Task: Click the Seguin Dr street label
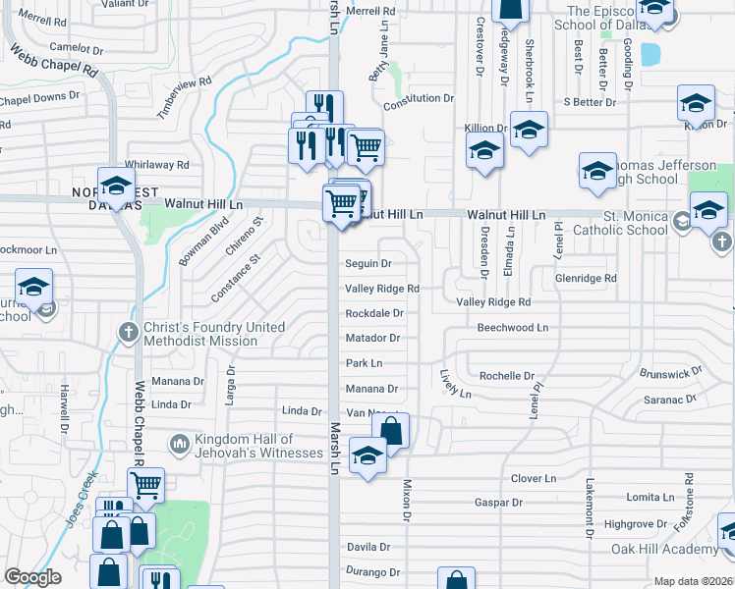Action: point(368,264)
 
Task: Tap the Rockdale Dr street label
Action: point(374,313)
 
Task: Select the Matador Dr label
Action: point(373,339)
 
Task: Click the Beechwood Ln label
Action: point(512,327)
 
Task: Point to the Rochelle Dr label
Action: point(506,376)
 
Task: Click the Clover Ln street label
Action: point(534,479)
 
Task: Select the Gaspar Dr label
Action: point(497,503)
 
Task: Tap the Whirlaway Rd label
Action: point(156,166)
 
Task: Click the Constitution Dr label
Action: point(419,99)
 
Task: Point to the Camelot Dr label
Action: point(76,48)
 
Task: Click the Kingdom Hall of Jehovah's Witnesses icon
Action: point(178,445)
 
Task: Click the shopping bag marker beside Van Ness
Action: point(390,430)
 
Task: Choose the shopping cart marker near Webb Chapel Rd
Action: point(145,483)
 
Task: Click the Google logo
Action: point(32,577)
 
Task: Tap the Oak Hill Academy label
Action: point(664,549)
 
